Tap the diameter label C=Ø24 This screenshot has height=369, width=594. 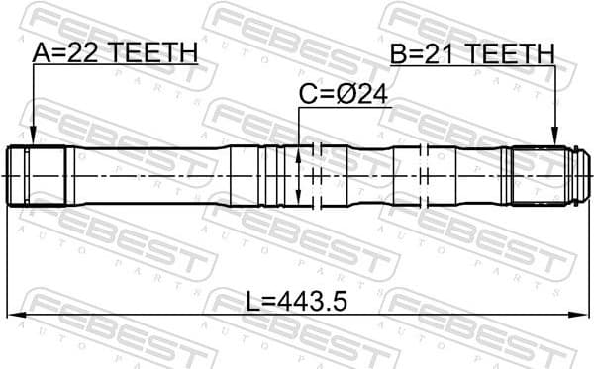click(x=345, y=95)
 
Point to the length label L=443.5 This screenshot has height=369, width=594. click(x=296, y=299)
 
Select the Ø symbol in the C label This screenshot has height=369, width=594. click(x=355, y=95)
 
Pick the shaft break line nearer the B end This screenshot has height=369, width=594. click(x=424, y=176)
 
